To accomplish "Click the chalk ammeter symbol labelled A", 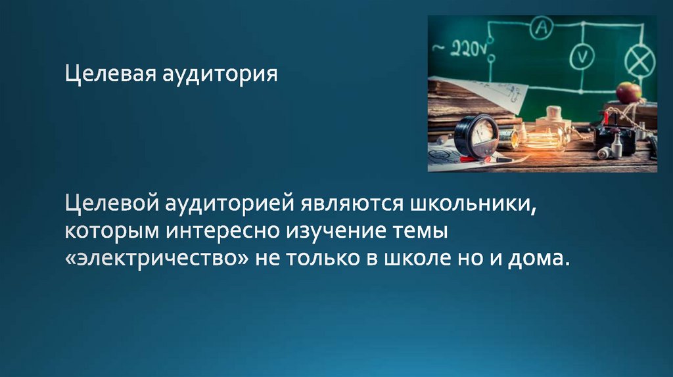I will pos(542,27).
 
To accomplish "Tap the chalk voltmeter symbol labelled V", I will pos(581,57).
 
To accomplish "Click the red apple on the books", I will pos(628,92).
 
